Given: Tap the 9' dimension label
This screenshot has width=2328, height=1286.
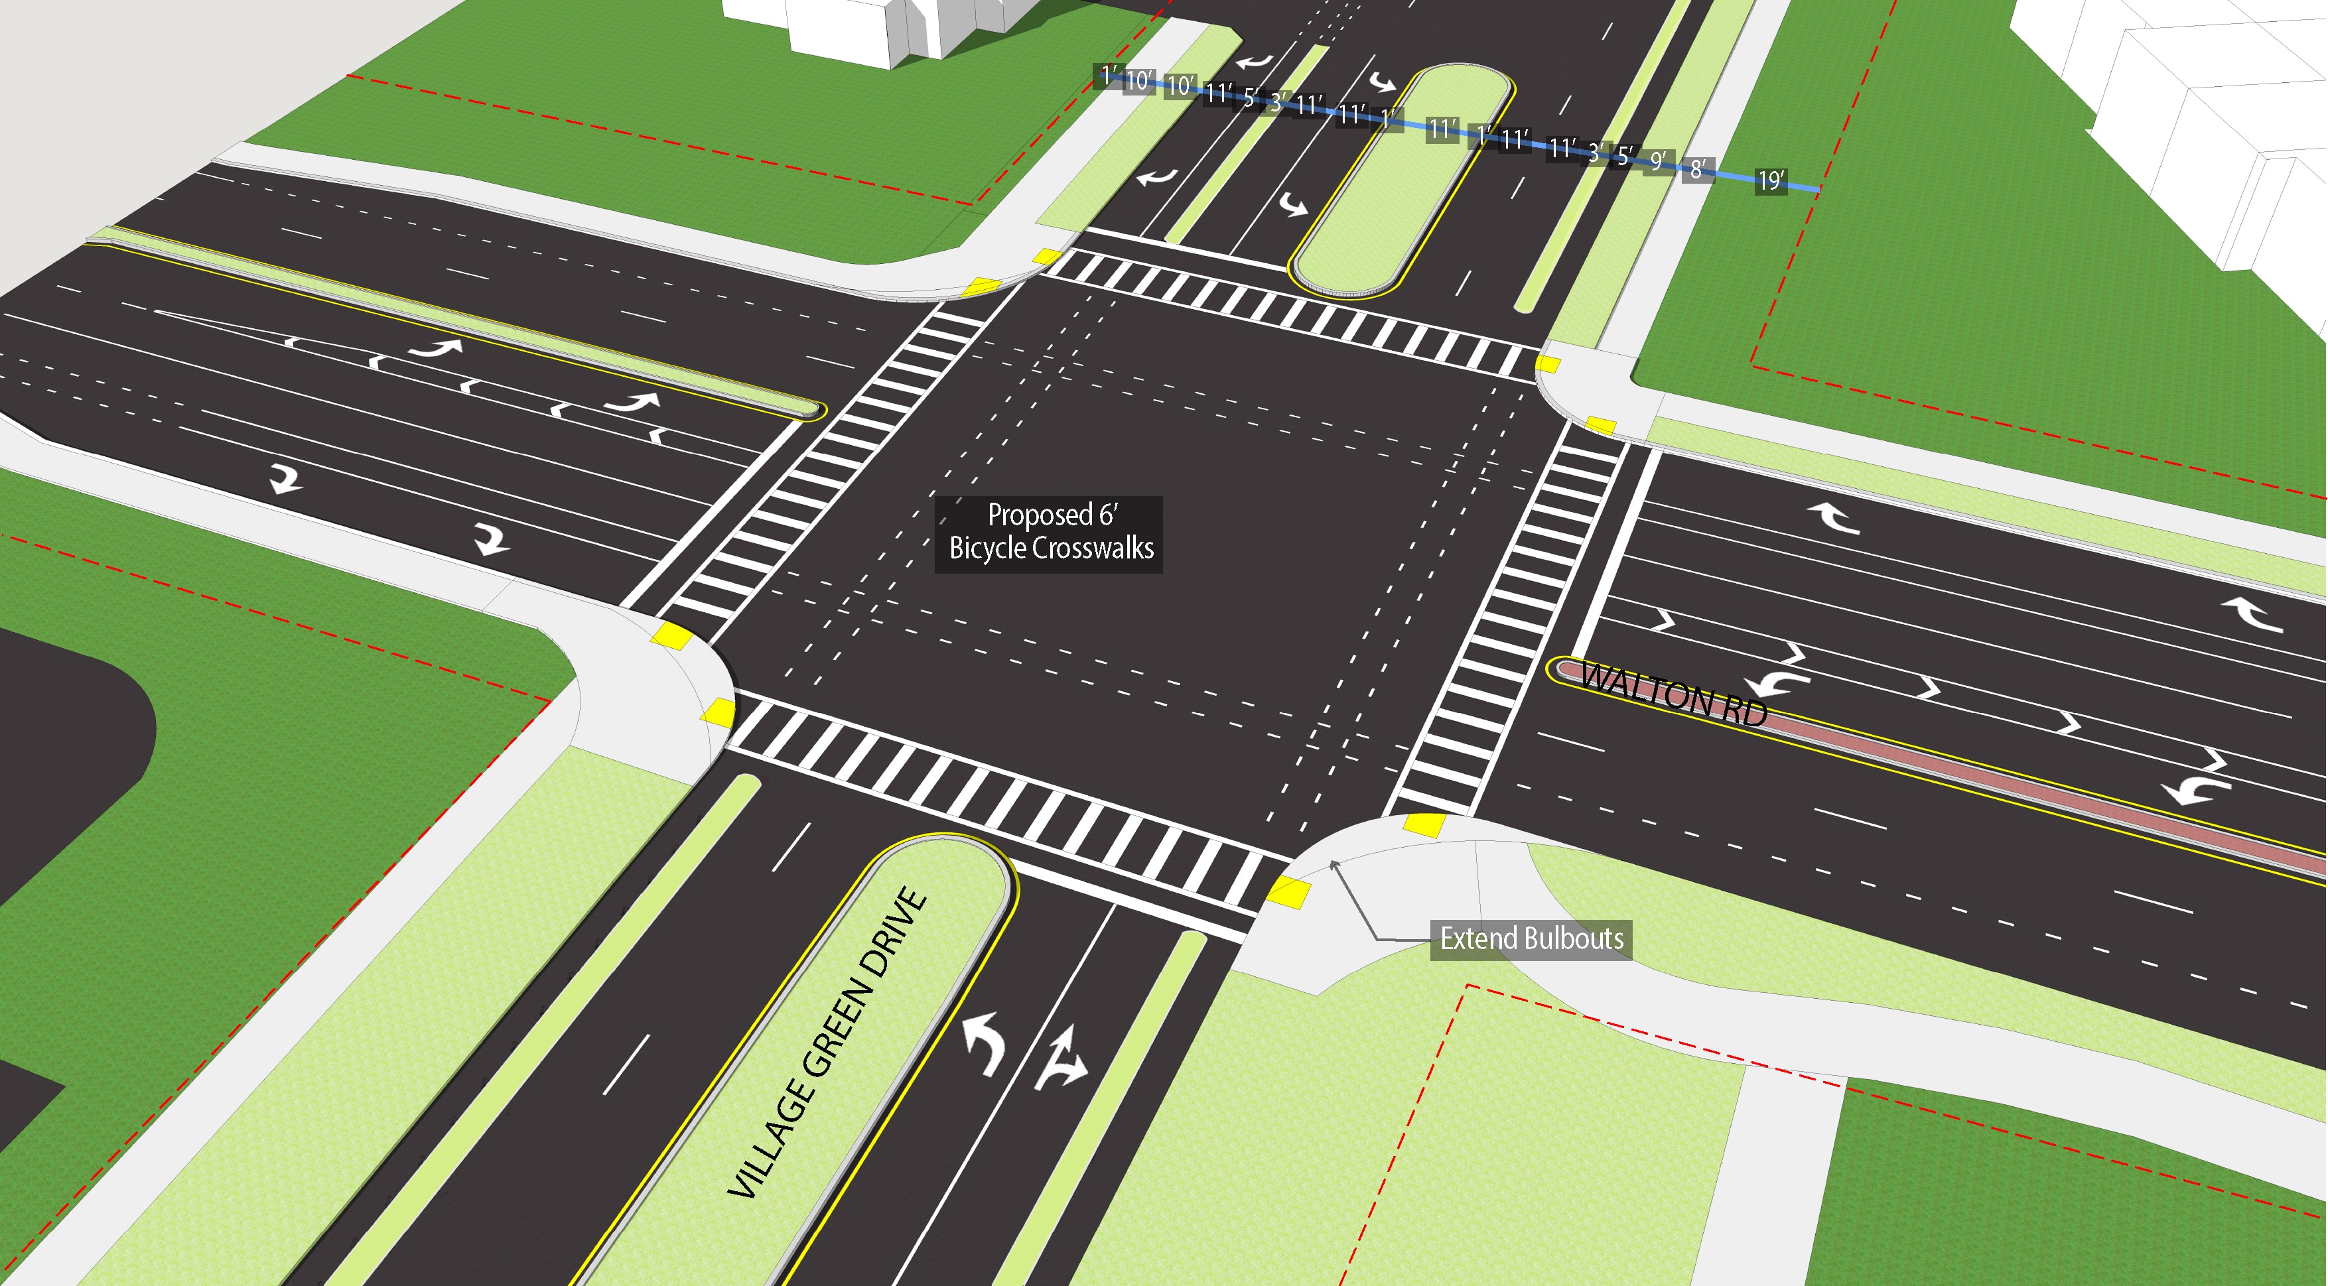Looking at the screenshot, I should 1657,161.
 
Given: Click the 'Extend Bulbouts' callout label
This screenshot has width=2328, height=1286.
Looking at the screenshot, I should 1531,939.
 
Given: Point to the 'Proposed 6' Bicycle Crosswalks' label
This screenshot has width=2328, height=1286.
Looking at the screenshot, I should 1048,533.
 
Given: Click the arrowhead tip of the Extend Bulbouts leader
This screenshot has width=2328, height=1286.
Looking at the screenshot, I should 1332,864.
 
